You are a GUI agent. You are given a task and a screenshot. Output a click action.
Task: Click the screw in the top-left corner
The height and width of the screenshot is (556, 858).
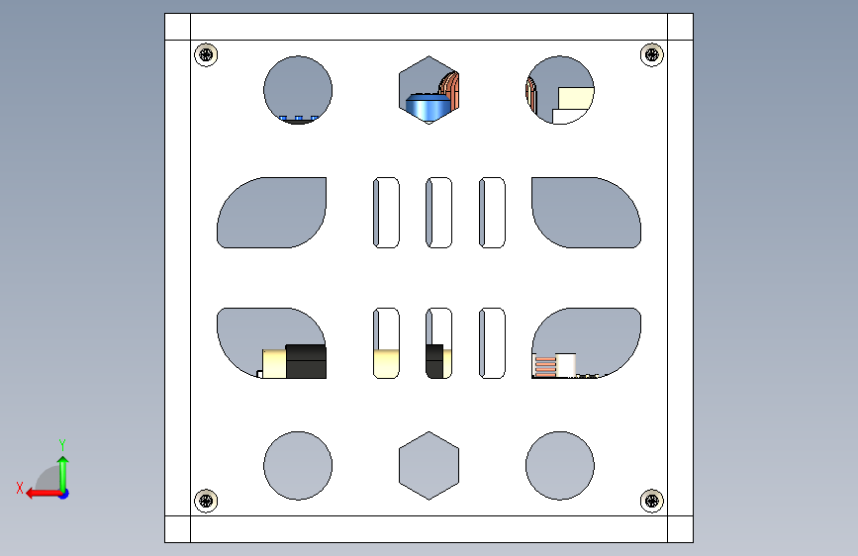point(206,54)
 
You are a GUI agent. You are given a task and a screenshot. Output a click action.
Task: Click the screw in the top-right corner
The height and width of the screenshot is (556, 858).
point(652,54)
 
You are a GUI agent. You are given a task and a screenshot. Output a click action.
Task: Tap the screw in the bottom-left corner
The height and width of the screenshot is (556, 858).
point(206,501)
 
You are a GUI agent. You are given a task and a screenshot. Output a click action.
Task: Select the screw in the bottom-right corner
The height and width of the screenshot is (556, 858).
point(652,501)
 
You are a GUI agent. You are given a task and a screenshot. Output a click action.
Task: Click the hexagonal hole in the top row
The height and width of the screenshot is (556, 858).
point(429,90)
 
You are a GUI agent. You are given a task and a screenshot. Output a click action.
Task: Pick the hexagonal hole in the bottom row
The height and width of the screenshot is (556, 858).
point(429,466)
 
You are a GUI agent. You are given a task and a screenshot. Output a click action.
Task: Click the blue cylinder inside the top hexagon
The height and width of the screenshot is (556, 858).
point(426,107)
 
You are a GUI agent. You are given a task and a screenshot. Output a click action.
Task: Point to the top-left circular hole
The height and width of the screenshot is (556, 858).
point(298,90)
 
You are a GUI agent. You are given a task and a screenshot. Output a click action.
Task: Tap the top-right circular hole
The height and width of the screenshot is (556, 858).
point(560,90)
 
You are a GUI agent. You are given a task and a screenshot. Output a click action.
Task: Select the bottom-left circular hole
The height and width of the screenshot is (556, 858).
point(298,466)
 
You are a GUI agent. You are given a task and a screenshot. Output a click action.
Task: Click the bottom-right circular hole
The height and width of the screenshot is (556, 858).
point(560,466)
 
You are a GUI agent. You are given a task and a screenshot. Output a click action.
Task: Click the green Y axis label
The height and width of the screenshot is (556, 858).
point(62,445)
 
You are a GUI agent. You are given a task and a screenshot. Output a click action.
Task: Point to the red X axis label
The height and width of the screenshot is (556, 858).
point(20,488)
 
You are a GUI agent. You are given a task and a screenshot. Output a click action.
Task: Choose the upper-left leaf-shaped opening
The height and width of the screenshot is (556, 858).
point(272,213)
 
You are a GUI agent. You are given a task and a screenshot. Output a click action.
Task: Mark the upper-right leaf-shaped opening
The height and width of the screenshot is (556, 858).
point(586,213)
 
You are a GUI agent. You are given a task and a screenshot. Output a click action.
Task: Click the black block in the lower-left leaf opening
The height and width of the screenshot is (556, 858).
point(306,361)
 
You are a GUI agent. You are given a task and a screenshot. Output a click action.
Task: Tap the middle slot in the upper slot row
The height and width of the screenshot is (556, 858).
point(438,213)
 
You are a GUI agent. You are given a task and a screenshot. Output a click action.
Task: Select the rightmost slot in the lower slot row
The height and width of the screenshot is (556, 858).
point(492,343)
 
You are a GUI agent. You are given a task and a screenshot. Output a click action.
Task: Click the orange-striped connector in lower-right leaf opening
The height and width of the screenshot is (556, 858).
point(544,366)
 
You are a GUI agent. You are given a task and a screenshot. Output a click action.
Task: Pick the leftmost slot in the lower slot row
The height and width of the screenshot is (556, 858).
point(386,343)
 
